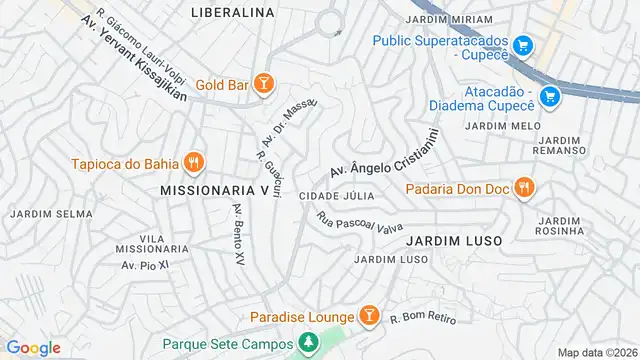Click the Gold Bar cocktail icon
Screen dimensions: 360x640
263,85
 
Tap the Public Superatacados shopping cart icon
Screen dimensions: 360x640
522,46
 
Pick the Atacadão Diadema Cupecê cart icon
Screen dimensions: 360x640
548,96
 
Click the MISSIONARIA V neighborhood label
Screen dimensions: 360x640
214,188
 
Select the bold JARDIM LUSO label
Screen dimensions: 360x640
452,241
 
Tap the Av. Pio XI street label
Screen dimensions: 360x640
141,265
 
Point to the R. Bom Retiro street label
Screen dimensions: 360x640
422,317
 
